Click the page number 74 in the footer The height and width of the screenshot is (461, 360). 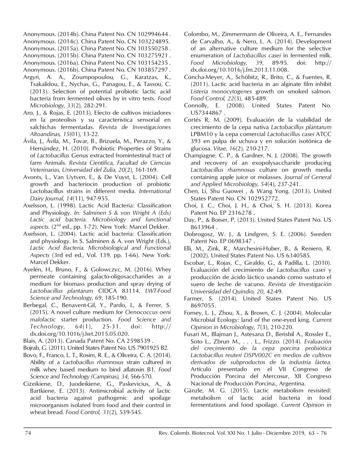28,433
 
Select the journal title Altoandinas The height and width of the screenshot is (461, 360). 44,134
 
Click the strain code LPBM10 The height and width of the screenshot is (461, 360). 201,134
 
